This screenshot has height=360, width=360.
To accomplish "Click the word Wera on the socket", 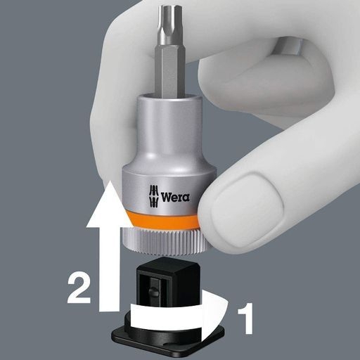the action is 175,197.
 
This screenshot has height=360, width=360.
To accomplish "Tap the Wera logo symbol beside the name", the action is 154,196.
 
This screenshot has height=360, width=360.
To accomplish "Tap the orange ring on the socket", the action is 164,220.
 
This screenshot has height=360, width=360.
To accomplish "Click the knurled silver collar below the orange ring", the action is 162,241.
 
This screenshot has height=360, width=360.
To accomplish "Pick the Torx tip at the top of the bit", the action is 167,26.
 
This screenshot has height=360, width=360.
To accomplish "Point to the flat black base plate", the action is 168,337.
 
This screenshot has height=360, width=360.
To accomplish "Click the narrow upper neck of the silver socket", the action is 167,127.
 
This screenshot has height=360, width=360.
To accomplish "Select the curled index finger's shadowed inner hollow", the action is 288,47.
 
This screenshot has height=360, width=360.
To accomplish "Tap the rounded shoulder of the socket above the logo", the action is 168,167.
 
